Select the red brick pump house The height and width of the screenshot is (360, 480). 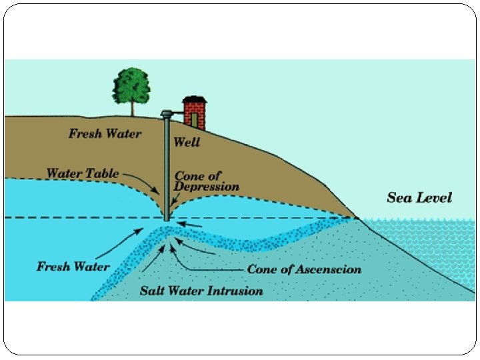[x=194, y=112]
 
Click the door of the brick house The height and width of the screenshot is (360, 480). [x=194, y=120]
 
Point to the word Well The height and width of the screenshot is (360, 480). [x=186, y=142]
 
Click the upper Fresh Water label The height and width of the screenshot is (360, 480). [x=105, y=133]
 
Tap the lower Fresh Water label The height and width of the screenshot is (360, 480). [x=73, y=267]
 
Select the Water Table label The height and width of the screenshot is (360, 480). [x=82, y=174]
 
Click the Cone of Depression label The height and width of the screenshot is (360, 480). [x=206, y=181]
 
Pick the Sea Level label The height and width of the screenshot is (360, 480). [x=419, y=197]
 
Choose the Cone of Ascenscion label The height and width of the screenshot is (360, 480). [x=304, y=269]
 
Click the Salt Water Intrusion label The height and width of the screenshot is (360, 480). [x=201, y=291]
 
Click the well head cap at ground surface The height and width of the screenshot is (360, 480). [x=166, y=114]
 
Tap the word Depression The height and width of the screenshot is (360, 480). [x=206, y=187]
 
